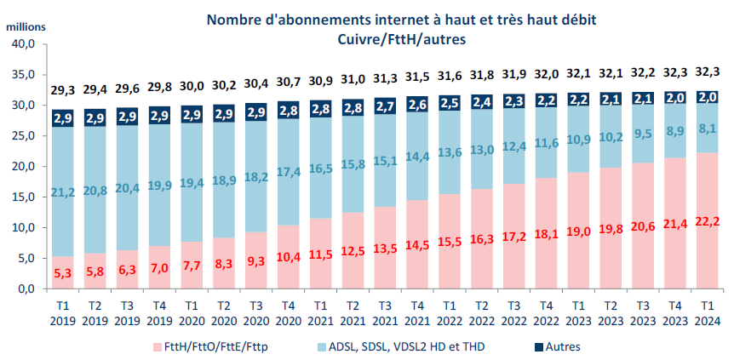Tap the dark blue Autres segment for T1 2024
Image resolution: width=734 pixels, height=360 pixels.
[x=707, y=97]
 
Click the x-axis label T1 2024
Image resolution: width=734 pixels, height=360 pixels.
[x=707, y=313]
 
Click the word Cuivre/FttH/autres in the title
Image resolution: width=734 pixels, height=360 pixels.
[x=399, y=39]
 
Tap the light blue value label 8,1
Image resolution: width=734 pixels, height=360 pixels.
[x=707, y=129]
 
